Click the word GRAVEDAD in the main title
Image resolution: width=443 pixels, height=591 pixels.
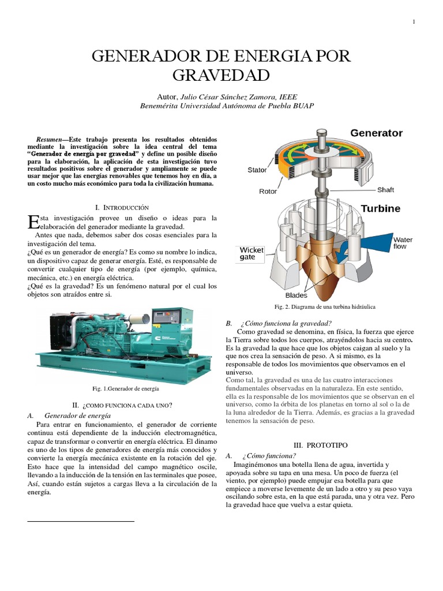[221, 75]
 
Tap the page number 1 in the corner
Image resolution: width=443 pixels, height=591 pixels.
[414, 22]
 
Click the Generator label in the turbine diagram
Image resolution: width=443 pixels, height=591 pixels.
[376, 133]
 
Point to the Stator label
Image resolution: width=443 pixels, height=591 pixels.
[257, 170]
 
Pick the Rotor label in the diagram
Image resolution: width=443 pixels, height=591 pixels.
[268, 192]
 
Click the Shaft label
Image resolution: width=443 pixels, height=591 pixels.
[386, 189]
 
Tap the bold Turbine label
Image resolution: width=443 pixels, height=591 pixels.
[381, 208]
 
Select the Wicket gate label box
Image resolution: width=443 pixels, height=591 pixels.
[251, 254]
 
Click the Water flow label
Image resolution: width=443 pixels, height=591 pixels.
[403, 243]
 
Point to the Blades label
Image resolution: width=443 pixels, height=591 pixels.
[296, 295]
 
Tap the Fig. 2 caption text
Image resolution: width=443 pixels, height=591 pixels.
[325, 307]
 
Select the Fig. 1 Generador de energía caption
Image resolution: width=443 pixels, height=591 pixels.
[125, 388]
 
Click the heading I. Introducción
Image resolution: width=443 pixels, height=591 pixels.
[122, 208]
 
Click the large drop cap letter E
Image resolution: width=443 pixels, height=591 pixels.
[33, 222]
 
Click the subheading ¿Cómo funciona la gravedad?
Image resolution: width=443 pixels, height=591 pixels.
[286, 323]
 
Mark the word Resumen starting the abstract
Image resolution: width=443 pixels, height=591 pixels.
[49, 140]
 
